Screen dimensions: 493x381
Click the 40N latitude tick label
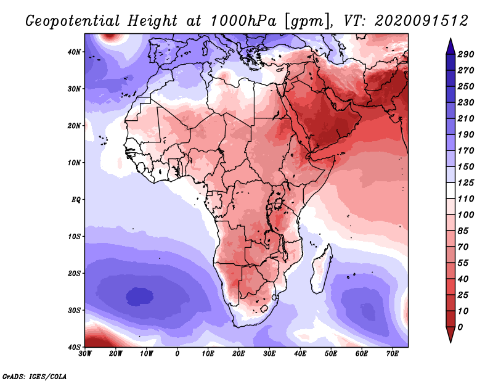tap(74, 52)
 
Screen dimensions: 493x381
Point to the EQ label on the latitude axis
tap(76, 200)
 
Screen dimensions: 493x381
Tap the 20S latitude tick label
tap(75, 273)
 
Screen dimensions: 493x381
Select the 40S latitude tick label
tap(75, 347)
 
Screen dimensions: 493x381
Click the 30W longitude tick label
tap(85, 354)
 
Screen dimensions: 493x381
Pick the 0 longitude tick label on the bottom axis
tap(177, 354)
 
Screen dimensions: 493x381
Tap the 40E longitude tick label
tap(300, 354)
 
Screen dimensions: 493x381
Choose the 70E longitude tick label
tap(393, 354)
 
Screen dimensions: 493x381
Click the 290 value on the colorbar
tap(466, 54)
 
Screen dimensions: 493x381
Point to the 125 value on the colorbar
tap(466, 182)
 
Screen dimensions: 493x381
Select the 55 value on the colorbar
tap(463, 263)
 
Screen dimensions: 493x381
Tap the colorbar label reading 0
tap(460, 327)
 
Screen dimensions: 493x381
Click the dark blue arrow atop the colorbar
tap(450, 47)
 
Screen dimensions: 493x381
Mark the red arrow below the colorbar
tap(450, 334)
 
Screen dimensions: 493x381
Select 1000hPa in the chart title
tap(243, 21)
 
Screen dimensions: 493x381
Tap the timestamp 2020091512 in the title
tap(422, 21)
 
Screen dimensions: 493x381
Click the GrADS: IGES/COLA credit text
tap(35, 376)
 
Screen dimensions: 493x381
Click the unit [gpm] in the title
tap(309, 22)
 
